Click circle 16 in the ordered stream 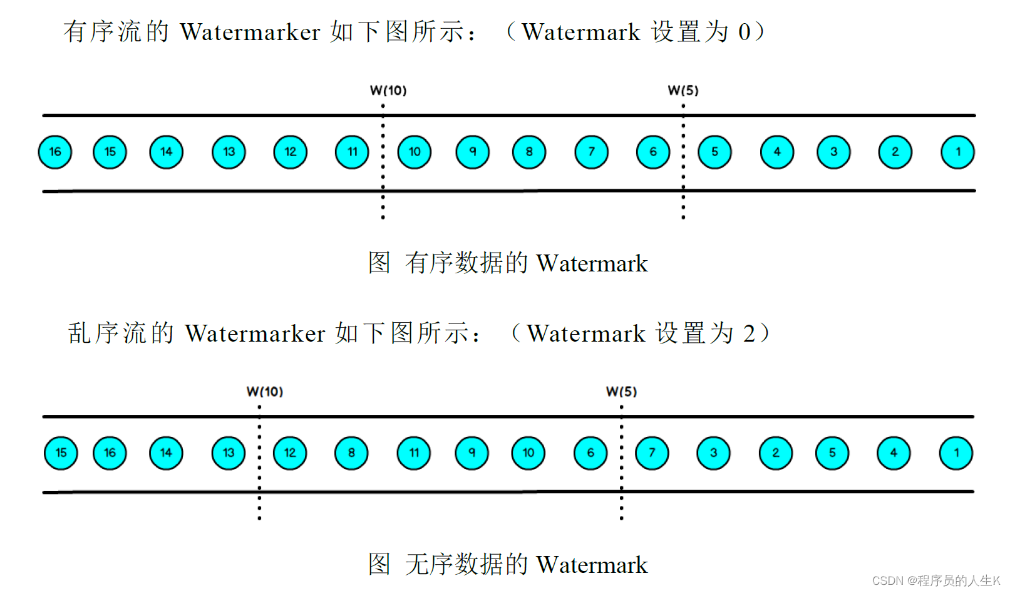tap(55, 152)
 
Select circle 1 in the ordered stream tap(957, 152)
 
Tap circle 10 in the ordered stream tap(415, 152)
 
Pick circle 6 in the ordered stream tap(653, 152)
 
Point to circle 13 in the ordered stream tap(229, 152)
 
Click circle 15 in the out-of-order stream tap(61, 453)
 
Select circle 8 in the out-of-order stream tap(351, 453)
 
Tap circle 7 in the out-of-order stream tap(652, 453)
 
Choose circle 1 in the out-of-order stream tap(956, 453)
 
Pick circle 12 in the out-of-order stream tap(290, 453)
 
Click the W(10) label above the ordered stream tap(388, 90)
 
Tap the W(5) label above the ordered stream tap(683, 90)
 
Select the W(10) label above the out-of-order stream tap(265, 392)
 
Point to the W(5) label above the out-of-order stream tap(621, 392)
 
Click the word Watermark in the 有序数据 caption tap(592, 263)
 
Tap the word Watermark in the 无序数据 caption tap(592, 565)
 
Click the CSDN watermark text tap(935, 581)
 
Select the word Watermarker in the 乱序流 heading tap(255, 333)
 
